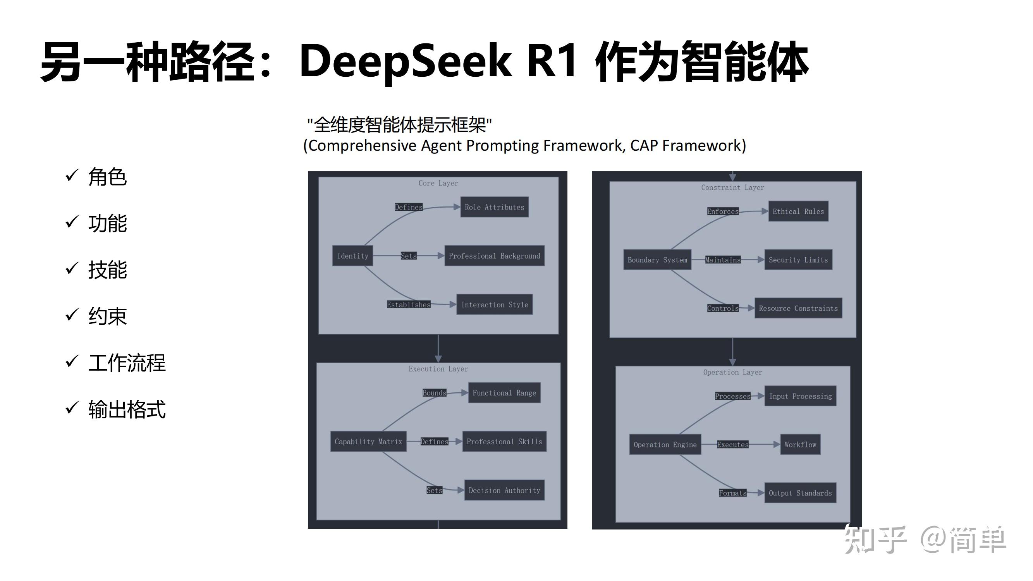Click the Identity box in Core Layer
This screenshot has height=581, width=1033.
352,256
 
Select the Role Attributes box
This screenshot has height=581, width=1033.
494,207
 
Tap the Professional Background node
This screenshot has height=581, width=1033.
494,256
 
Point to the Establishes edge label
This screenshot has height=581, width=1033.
408,305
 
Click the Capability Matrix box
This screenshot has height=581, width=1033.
368,442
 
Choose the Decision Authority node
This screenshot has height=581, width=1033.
504,490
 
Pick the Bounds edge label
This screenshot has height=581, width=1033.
434,393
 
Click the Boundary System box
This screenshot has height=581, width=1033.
657,260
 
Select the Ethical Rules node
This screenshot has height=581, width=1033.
798,211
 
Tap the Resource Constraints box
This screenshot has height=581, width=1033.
798,308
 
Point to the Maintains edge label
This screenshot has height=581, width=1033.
723,260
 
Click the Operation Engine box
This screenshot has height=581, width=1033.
665,445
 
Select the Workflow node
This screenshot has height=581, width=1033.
800,445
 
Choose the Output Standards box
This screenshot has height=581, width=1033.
800,493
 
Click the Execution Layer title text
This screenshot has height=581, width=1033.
438,369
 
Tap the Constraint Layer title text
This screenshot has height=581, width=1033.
732,187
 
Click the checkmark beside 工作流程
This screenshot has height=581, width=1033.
72,361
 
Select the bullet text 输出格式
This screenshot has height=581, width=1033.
127,409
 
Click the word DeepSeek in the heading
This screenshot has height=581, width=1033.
405,61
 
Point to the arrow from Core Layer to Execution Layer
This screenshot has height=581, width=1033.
438,348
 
